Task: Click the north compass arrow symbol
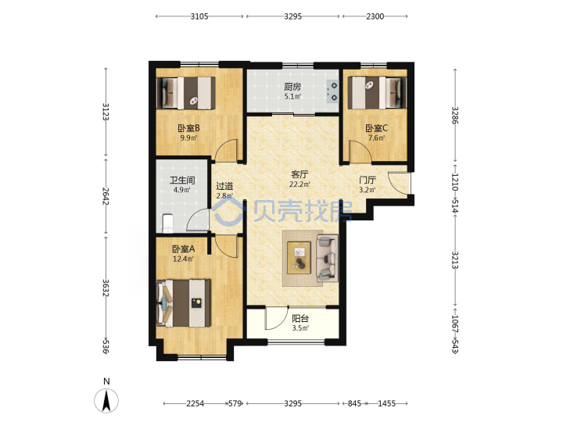coord(106,400)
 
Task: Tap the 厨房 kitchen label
coord(292,87)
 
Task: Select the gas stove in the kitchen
coord(332,91)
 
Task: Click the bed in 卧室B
coord(186,93)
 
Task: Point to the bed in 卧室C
coord(377,92)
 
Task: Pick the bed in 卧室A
coord(184,303)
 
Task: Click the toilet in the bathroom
coord(167,224)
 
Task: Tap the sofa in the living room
coord(327,256)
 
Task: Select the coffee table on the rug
coord(299,258)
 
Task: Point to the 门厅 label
coord(368,180)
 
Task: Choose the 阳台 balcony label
coord(300,318)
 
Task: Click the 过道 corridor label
coord(224,186)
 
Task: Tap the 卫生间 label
coord(182,180)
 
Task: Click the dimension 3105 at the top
coord(199,16)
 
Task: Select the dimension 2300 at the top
coord(375,16)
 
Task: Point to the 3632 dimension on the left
coord(106,288)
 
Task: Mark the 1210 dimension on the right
coord(455,182)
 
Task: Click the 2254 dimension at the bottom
coord(195,403)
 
